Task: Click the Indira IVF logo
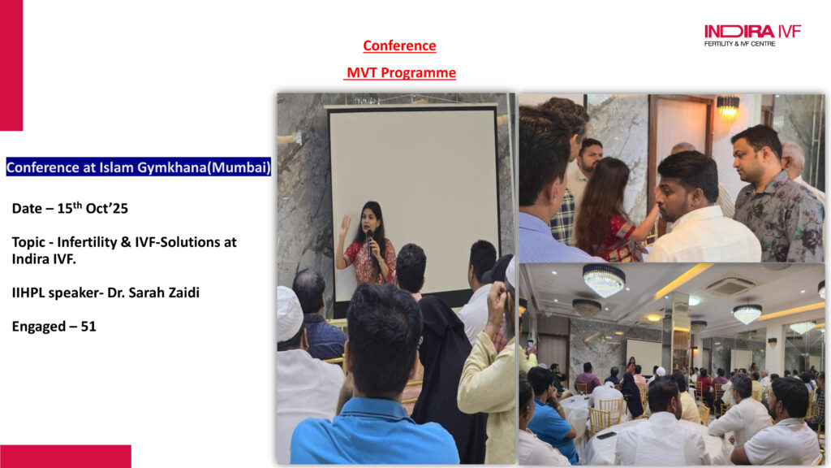pyautogui.click(x=752, y=36)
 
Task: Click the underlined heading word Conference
pyautogui.click(x=399, y=45)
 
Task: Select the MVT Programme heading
pyautogui.click(x=401, y=72)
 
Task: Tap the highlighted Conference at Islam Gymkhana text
pyautogui.click(x=138, y=167)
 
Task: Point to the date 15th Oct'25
pyautogui.click(x=93, y=208)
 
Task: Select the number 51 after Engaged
pyautogui.click(x=88, y=327)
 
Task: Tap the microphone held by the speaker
pyautogui.click(x=370, y=243)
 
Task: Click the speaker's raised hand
pyautogui.click(x=344, y=226)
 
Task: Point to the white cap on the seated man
pyautogui.click(x=289, y=314)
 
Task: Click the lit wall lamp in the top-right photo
pyautogui.click(x=728, y=106)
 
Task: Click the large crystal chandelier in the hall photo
pyautogui.click(x=604, y=279)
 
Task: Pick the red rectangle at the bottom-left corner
pyautogui.click(x=65, y=457)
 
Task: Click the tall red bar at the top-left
pyautogui.click(x=11, y=65)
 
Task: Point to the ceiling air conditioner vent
pyautogui.click(x=730, y=286)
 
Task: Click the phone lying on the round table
pyautogui.click(x=605, y=435)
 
